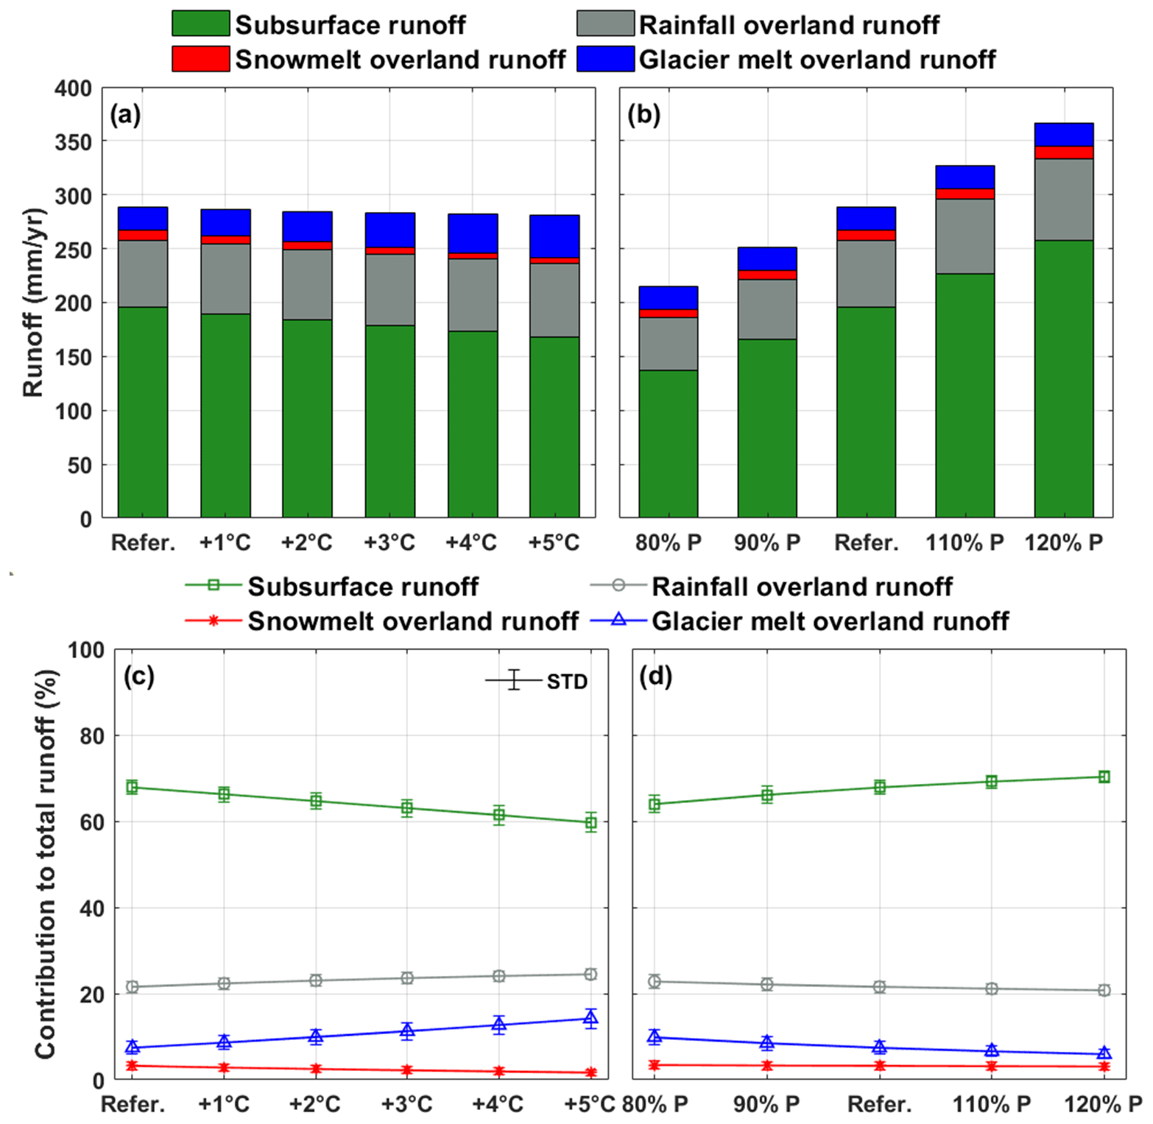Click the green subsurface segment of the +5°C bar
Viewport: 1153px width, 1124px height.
(x=554, y=427)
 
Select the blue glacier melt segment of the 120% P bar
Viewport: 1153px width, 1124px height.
(x=1063, y=135)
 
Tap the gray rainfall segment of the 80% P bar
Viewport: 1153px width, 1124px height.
(x=668, y=343)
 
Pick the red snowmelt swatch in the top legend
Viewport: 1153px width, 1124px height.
(x=200, y=59)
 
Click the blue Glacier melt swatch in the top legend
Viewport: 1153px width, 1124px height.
(x=605, y=59)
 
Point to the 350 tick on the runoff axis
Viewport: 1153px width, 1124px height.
(x=73, y=142)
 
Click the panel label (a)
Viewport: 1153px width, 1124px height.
(x=125, y=115)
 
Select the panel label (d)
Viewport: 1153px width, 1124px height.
(x=655, y=676)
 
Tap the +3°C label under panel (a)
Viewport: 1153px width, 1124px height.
(x=389, y=543)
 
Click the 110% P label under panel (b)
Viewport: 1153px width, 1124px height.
(x=965, y=543)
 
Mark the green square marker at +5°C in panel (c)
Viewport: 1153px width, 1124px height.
(x=590, y=824)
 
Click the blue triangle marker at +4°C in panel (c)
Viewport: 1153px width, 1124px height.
(x=499, y=1023)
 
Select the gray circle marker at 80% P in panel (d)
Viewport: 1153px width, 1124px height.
(x=654, y=981)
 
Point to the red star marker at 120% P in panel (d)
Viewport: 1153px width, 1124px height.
(x=1104, y=1066)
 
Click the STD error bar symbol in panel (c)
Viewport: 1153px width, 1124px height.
(x=514, y=680)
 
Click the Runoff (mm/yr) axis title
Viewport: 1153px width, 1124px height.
(x=33, y=303)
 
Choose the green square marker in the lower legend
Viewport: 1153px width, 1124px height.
(x=214, y=585)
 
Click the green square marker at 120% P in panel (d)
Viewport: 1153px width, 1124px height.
(x=1104, y=777)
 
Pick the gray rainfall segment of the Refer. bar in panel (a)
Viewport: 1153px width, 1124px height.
(x=143, y=273)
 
